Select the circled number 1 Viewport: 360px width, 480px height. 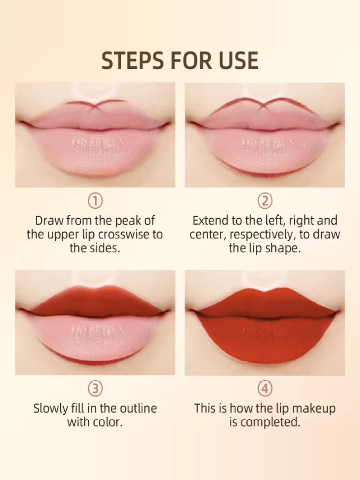95,201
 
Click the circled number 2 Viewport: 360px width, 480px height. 265,201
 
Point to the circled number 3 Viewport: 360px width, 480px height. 95,389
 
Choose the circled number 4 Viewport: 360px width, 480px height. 265,389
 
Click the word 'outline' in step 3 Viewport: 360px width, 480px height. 138,408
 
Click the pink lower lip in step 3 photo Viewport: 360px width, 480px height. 96,337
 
